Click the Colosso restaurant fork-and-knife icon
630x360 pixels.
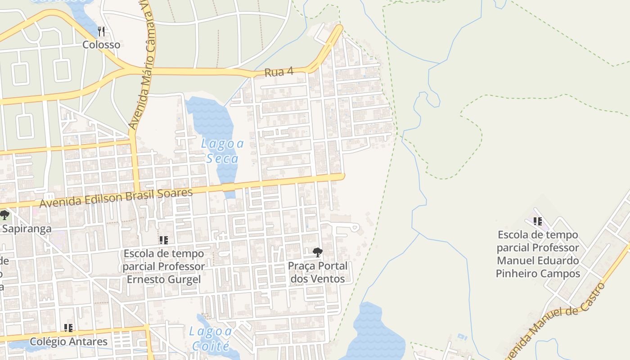tap(101, 31)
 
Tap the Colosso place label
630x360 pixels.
tap(101, 45)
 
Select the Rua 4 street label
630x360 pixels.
tap(279, 72)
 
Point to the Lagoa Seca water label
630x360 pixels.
tap(222, 151)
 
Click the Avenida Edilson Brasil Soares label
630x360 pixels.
tap(116, 198)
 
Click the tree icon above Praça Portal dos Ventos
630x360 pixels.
tap(318, 252)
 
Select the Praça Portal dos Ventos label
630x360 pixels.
tap(318, 272)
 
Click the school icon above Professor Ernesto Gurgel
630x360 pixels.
tap(163, 240)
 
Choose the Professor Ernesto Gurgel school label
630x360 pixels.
tap(163, 266)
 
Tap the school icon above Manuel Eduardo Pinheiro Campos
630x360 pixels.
tap(537, 221)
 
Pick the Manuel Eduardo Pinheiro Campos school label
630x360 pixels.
tap(538, 254)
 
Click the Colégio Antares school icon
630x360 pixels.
tap(68, 328)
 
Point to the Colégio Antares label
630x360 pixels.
tap(68, 342)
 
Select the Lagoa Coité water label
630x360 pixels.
tap(211, 339)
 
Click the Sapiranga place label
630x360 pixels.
tap(26, 229)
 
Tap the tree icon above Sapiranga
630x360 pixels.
tap(4, 215)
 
